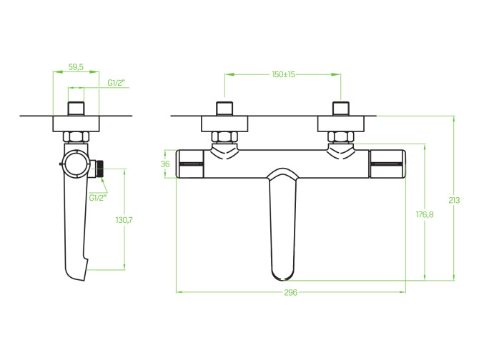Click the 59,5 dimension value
click(76, 67)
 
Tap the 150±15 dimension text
click(284, 74)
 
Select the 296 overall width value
click(290, 293)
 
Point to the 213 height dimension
click(454, 201)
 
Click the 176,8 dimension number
click(425, 215)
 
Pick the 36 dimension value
click(165, 164)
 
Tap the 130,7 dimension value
click(124, 220)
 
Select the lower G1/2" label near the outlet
click(98, 198)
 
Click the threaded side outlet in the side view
click(99, 169)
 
